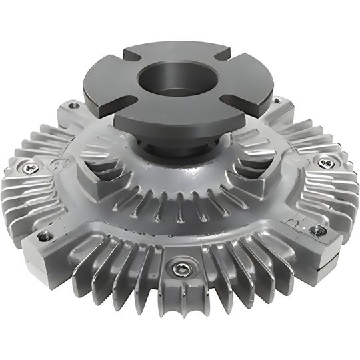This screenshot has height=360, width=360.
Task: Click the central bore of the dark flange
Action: [x=179, y=79]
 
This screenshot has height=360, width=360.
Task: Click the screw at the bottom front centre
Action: [x=180, y=269]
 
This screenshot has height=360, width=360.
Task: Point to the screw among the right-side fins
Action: [x=325, y=162]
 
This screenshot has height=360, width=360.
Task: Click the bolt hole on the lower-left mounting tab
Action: [x=45, y=236]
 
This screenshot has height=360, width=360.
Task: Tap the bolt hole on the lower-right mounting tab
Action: [x=319, y=231]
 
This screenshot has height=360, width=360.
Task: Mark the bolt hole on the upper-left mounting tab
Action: [x=73, y=105]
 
